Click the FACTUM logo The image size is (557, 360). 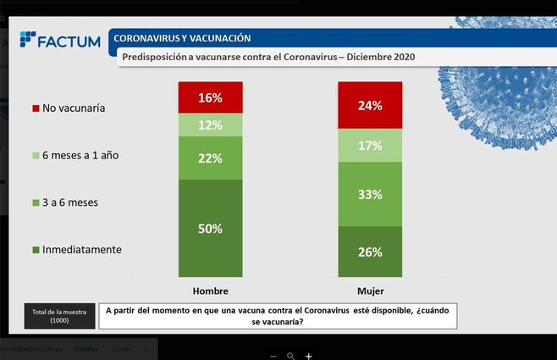(60, 40)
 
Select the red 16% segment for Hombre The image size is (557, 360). (211, 97)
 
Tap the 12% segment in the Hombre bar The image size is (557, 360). (211, 125)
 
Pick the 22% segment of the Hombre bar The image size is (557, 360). (211, 158)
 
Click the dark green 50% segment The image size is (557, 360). (211, 227)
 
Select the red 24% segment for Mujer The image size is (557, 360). (370, 106)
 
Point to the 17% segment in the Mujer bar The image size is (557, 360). (370, 146)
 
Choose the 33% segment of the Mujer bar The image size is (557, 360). (370, 194)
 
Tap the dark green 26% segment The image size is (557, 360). (370, 251)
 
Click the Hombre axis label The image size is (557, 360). (211, 291)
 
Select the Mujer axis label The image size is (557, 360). (370, 291)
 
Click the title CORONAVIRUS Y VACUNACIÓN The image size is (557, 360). (182, 38)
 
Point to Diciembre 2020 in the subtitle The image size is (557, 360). (376, 58)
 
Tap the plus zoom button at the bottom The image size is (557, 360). (309, 356)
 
